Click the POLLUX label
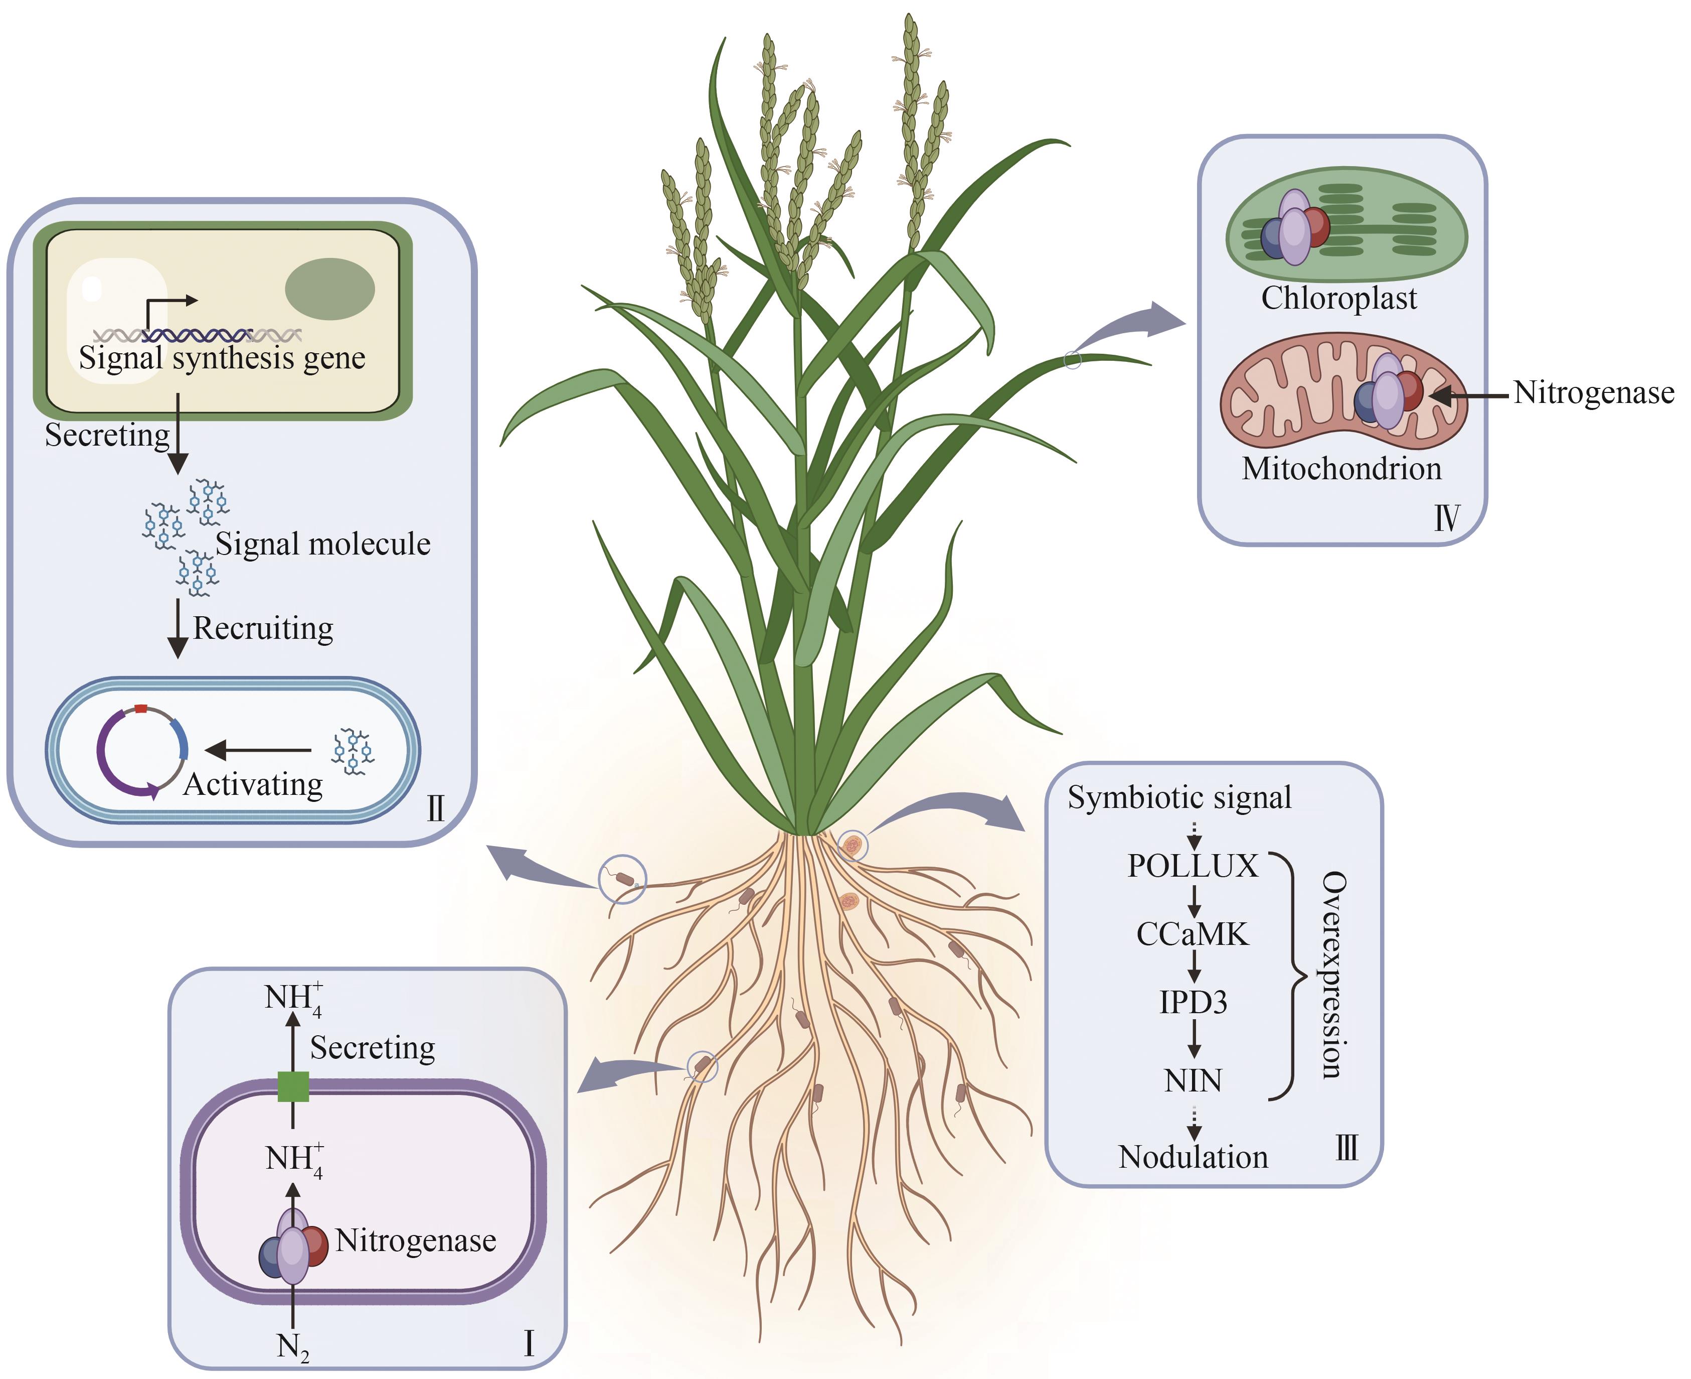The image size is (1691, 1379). [x=1193, y=866]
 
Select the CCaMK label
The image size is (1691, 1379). [x=1193, y=934]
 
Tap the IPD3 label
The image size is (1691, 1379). [x=1193, y=1003]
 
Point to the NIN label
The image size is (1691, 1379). [x=1193, y=1080]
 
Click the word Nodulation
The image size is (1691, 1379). [x=1193, y=1157]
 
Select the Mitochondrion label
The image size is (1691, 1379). [x=1341, y=469]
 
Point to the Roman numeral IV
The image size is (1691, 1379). [x=1446, y=518]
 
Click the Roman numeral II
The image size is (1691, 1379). [x=435, y=808]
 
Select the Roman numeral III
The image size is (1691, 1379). [x=1346, y=1148]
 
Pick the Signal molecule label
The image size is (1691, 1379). [x=322, y=544]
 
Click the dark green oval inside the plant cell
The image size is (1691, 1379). [x=329, y=289]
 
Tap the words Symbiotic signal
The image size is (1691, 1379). [x=1179, y=797]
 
